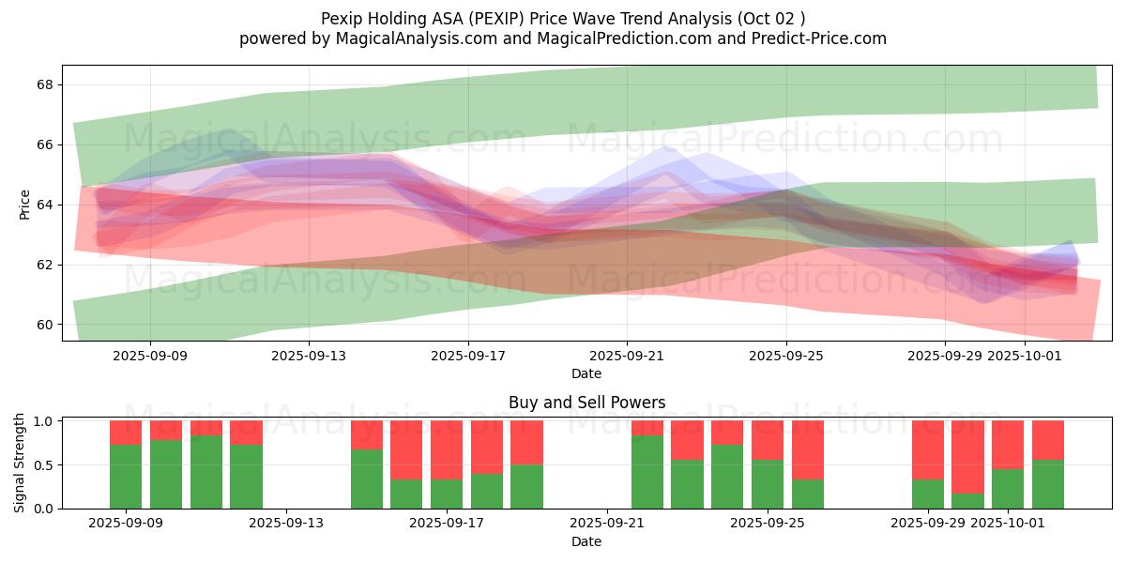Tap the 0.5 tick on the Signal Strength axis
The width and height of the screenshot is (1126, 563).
pyautogui.click(x=43, y=465)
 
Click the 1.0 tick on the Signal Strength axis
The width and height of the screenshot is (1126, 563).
pyautogui.click(x=43, y=421)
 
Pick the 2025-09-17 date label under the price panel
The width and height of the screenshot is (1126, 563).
pyautogui.click(x=468, y=356)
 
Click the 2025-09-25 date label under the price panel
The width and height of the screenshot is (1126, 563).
pyautogui.click(x=786, y=356)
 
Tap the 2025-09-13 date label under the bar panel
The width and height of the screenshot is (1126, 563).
pyautogui.click(x=286, y=524)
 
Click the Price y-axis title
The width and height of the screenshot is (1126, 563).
pyautogui.click(x=25, y=204)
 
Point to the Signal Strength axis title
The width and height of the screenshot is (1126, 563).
pyautogui.click(x=20, y=464)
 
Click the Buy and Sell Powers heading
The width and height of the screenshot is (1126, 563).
pyautogui.click(x=586, y=403)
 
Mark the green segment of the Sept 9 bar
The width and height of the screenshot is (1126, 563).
pyautogui.click(x=126, y=477)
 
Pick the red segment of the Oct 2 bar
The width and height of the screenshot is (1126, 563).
pyautogui.click(x=1048, y=440)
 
